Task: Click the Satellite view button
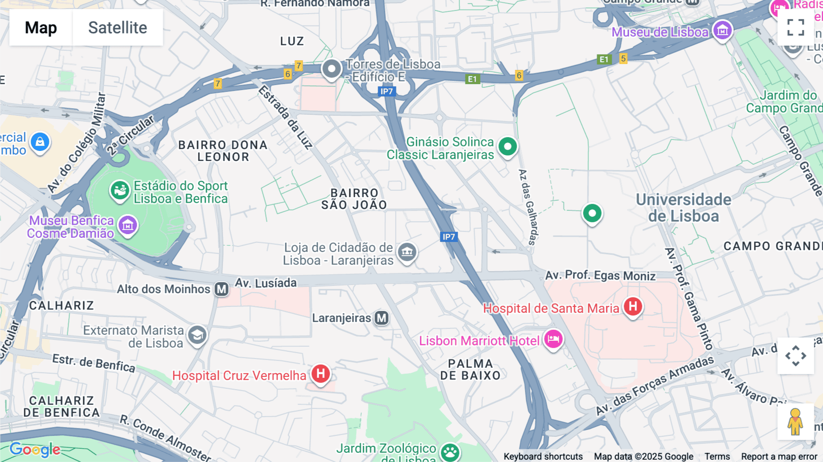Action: pos(118,27)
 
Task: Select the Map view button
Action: pos(41,27)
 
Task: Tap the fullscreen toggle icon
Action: pos(796,27)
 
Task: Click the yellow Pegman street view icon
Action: pos(795,422)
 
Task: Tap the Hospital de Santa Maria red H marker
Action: pos(633,306)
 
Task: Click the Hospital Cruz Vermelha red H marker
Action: pos(321,374)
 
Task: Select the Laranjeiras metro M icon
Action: pos(382,318)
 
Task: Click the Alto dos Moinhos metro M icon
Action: pos(222,289)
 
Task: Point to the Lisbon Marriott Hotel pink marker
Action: pos(553,339)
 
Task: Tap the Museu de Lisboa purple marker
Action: pos(722,31)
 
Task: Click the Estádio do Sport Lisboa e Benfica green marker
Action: pos(120,190)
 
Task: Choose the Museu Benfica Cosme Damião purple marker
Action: pos(128,225)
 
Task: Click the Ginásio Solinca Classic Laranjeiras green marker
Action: pos(508,147)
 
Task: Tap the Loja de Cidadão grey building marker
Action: pos(407,252)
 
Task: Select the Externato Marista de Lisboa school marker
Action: pos(197,335)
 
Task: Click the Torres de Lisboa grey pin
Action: pos(331,70)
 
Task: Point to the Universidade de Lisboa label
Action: pos(684,208)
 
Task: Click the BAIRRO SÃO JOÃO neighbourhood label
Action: pos(354,199)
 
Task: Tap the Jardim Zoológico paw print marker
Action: pos(450,452)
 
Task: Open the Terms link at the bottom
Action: pos(717,457)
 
